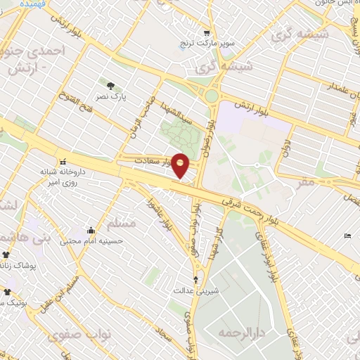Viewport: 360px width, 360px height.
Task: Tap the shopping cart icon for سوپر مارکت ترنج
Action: click(x=206, y=32)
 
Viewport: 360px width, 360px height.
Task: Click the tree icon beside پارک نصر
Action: click(x=110, y=86)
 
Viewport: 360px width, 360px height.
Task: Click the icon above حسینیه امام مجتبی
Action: click(x=91, y=230)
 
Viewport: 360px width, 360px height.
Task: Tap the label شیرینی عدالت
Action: click(x=195, y=290)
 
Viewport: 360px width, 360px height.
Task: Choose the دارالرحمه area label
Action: click(x=239, y=331)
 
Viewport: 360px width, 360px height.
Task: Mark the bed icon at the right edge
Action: click(x=349, y=236)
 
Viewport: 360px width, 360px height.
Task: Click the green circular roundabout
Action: click(x=211, y=94)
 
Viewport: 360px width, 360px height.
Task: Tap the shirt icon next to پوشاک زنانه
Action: click(x=7, y=255)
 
